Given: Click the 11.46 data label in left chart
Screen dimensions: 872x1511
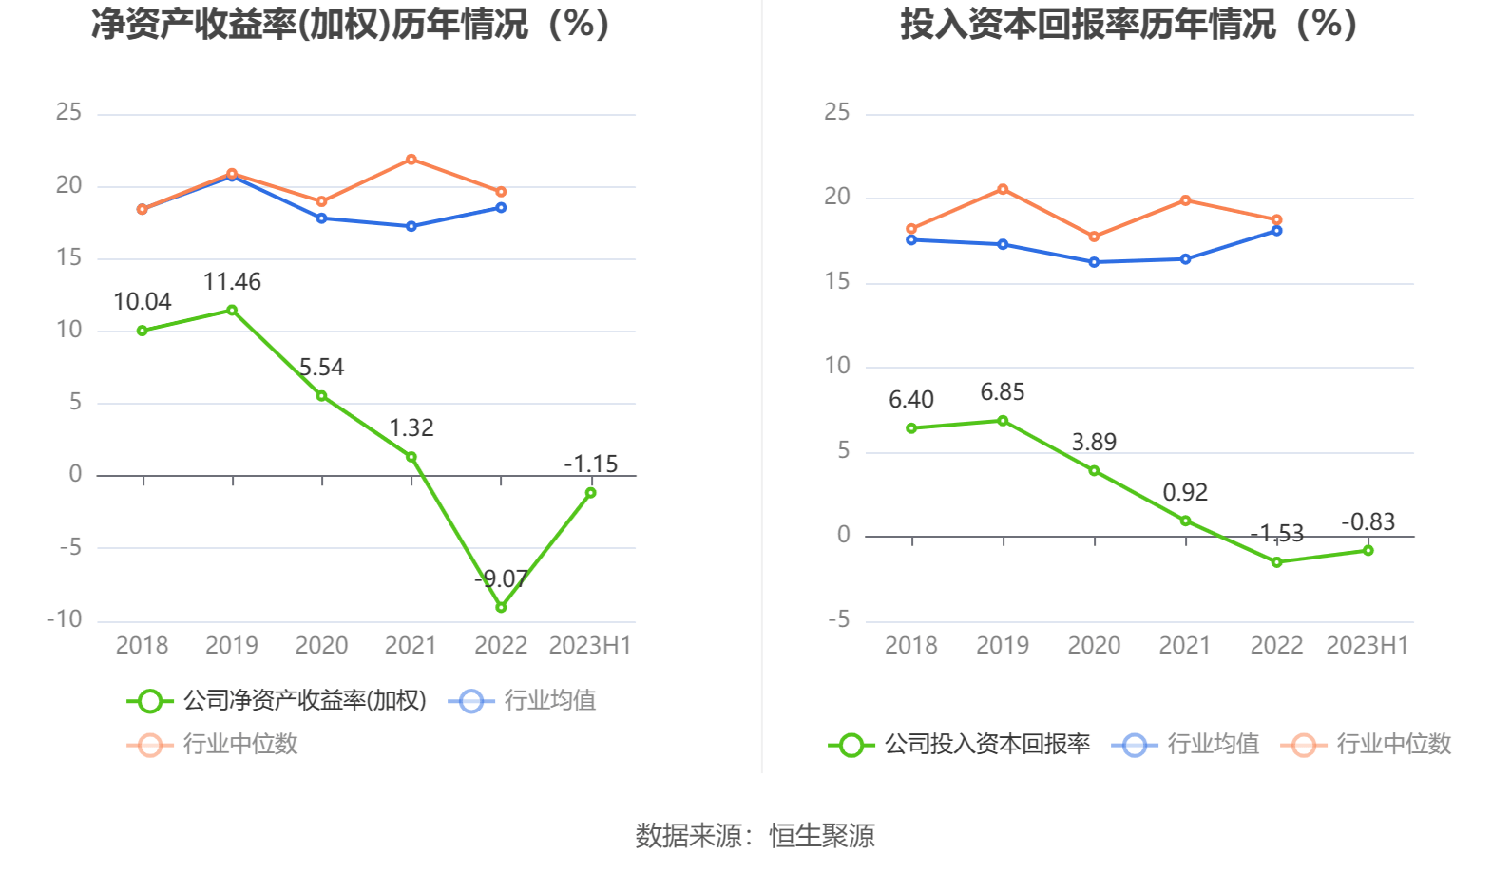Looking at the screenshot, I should (x=232, y=282).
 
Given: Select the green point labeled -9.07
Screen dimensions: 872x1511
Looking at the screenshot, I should (x=501, y=607).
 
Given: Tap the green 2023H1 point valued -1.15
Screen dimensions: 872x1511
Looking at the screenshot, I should (x=590, y=493).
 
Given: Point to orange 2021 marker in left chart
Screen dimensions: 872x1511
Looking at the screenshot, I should (x=411, y=160).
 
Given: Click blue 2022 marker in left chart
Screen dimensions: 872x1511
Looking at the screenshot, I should (x=501, y=208).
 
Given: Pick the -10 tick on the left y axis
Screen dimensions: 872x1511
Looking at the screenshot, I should (x=65, y=619).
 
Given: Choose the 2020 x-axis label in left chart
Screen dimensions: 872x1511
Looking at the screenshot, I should (x=321, y=646).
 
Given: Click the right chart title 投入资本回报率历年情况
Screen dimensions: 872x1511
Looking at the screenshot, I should (x=1128, y=25).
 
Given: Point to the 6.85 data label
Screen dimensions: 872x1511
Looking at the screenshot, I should (x=1003, y=392).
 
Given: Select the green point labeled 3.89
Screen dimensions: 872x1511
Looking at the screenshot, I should (x=1094, y=471).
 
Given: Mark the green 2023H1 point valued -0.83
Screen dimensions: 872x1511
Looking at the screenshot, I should (x=1368, y=551).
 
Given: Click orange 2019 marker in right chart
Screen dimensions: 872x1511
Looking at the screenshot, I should (x=1003, y=190).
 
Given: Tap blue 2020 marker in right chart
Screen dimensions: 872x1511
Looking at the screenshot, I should (x=1094, y=262).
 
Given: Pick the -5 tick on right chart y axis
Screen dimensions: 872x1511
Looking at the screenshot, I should (x=838, y=620).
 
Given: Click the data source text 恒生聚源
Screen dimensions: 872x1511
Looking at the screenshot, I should (x=821, y=836).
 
